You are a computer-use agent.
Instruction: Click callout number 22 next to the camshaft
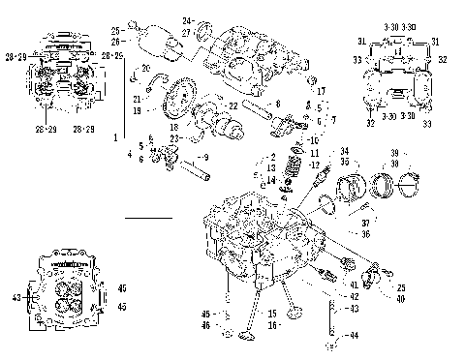click(x=233, y=105)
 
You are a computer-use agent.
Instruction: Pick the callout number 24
click(x=188, y=20)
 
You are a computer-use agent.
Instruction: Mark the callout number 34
click(x=342, y=151)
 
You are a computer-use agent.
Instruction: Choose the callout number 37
click(x=365, y=223)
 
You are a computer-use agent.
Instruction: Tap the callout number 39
click(x=394, y=153)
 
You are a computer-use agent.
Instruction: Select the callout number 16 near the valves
click(x=272, y=326)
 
